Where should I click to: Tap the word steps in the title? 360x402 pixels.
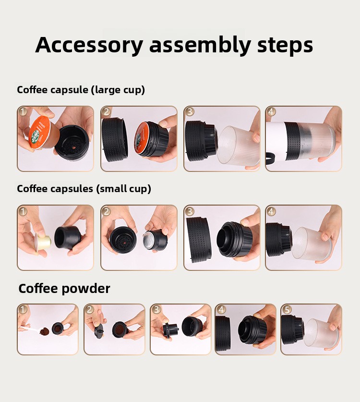(x=285, y=45)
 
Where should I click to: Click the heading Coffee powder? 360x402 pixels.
(x=64, y=289)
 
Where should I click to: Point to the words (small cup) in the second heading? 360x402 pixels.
(x=124, y=189)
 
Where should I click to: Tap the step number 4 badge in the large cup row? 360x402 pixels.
(x=271, y=111)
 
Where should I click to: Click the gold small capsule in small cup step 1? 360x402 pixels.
(x=43, y=242)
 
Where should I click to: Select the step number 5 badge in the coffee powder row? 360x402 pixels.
(x=287, y=309)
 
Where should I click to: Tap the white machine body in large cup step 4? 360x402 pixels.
(x=276, y=138)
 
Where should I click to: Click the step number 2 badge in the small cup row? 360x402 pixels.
(x=106, y=211)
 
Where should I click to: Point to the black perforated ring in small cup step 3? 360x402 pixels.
(x=199, y=238)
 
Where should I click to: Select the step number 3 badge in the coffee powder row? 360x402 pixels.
(x=156, y=309)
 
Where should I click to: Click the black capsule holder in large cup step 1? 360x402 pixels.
(x=72, y=142)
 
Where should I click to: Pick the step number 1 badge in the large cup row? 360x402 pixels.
(x=23, y=111)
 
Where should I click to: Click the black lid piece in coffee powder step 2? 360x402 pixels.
(x=99, y=331)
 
